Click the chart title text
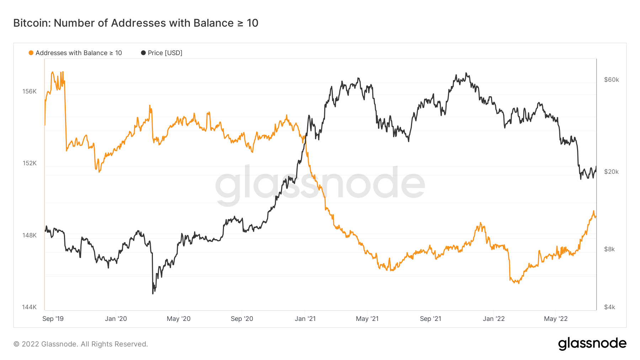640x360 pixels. coord(136,23)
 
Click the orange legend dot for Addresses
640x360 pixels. coord(31,53)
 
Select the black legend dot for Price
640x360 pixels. coord(143,53)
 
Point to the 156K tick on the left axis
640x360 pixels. coord(30,91)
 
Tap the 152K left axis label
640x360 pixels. coord(30,163)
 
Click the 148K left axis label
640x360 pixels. coord(30,235)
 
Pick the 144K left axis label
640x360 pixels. coord(30,307)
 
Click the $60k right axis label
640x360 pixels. coord(611,80)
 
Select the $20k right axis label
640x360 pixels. coord(611,172)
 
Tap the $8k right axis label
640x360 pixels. coord(609,249)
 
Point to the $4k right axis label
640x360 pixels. coord(609,307)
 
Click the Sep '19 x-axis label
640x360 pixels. coord(53,319)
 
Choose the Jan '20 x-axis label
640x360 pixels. coord(116,319)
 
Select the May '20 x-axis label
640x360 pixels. coord(178,319)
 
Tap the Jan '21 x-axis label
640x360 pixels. coord(305,319)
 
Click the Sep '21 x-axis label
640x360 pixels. coord(430,319)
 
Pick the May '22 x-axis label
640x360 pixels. coord(556,319)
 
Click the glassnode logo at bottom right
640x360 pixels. coord(592,344)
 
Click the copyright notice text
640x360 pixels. coord(81,344)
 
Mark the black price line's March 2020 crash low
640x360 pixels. coord(153,293)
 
